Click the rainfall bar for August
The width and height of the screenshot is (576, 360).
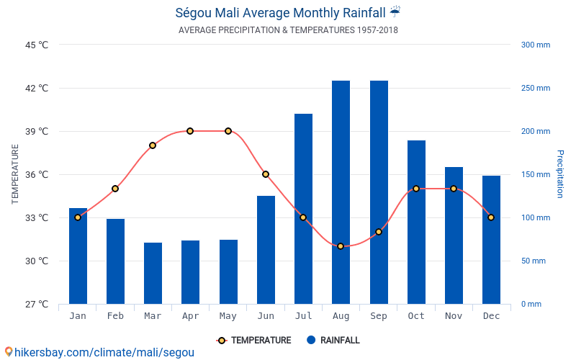click(x=341, y=192)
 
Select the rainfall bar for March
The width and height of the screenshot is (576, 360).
click(x=153, y=273)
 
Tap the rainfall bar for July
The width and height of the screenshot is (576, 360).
click(x=303, y=209)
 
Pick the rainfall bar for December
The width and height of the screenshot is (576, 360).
click(x=491, y=240)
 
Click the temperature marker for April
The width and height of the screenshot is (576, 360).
click(x=190, y=131)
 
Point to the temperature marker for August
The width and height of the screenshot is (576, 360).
click(x=341, y=246)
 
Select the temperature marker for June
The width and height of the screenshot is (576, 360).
click(x=266, y=174)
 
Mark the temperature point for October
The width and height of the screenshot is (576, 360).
click(x=416, y=189)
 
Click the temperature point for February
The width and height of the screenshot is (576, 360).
click(x=115, y=189)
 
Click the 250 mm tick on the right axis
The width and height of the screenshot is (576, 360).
click(x=535, y=88)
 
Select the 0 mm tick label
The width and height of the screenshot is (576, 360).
click(x=531, y=304)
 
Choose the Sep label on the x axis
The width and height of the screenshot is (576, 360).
click(x=379, y=316)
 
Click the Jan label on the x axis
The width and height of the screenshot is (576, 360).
click(x=78, y=316)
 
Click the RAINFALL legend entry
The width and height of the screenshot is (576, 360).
click(x=333, y=340)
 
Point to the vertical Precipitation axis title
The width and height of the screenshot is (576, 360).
click(x=559, y=174)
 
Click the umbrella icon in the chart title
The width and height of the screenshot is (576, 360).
click(x=395, y=12)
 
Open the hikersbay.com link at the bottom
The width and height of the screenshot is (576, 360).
click(x=99, y=352)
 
